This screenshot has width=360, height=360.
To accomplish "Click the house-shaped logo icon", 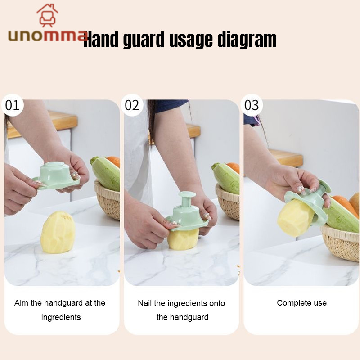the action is coord(47,15).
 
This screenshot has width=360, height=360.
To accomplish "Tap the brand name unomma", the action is coord(48,36).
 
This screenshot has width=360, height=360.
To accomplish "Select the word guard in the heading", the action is coord(144,40).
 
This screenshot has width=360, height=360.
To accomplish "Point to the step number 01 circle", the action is coord(13,105).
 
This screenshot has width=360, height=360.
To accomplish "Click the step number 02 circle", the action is coord(132,105).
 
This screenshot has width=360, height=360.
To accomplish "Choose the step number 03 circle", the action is coord(252,105).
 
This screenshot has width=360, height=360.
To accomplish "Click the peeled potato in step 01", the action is coord(58,232).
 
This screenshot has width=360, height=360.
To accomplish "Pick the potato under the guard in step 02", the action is coord(183,239).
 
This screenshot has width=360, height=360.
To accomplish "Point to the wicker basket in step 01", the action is coord(108,200).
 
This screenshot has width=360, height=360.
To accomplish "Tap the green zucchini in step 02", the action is coord(226,178).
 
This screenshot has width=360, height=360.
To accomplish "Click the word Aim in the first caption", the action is coord(21,303).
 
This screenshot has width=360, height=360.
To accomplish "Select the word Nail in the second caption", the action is coord(144,303).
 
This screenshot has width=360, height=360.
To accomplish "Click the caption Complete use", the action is coord(301,303).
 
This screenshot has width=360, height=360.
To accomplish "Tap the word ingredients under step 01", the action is coord(61,317).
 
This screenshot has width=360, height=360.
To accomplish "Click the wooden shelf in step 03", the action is coord(286,158).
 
